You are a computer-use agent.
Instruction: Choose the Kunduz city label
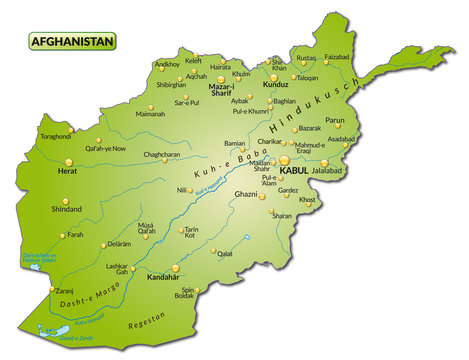(x=275, y=86)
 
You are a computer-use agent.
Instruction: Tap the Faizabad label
(x=337, y=57)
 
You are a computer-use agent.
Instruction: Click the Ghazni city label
(x=245, y=194)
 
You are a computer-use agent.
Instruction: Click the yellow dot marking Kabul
(x=284, y=159)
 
